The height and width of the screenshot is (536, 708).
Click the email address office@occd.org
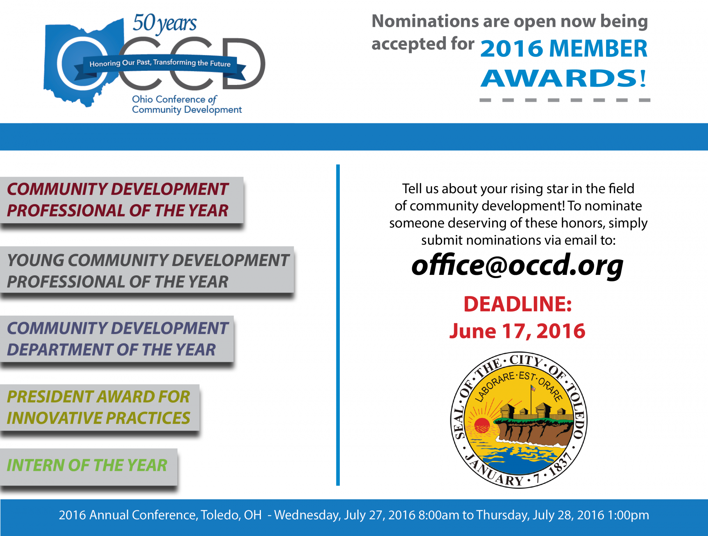(x=517, y=265)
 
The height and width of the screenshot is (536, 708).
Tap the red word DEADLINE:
(x=518, y=304)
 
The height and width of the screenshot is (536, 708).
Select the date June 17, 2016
(x=517, y=331)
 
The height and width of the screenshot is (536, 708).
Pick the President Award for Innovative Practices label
(x=99, y=407)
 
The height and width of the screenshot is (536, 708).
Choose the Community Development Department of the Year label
(x=117, y=339)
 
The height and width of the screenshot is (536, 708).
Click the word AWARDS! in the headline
(x=564, y=78)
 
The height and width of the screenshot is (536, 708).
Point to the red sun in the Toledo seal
(x=482, y=425)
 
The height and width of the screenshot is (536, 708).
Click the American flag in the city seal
(x=533, y=388)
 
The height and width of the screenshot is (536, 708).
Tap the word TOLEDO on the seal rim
(x=576, y=410)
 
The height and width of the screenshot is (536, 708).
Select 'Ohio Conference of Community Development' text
(x=187, y=104)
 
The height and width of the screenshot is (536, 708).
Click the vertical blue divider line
(x=338, y=325)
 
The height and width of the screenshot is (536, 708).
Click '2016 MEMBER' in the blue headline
(x=564, y=48)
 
